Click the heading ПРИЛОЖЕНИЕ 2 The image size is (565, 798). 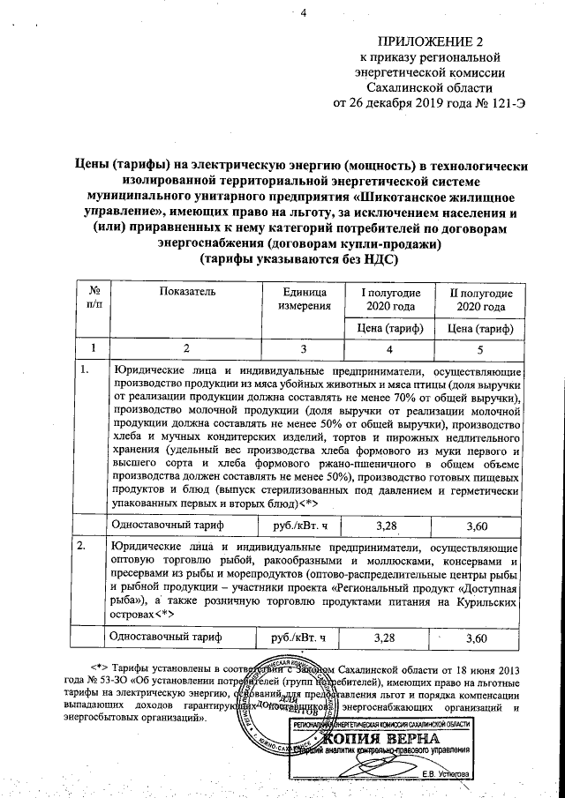tap(431, 41)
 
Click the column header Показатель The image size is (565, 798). tap(187, 292)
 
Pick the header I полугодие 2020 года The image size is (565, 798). tap(389, 299)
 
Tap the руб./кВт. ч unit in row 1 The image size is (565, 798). tap(304, 526)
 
